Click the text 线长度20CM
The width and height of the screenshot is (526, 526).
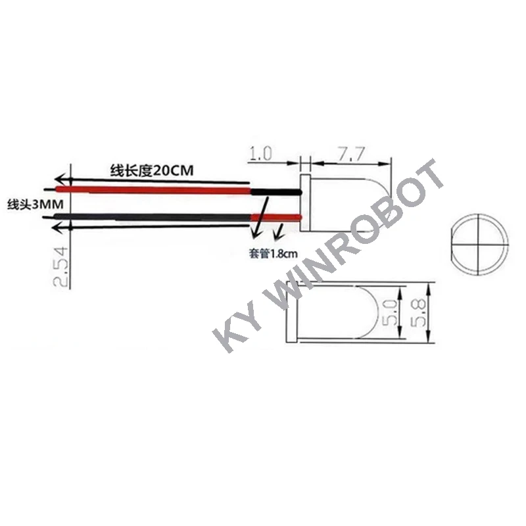click(152, 171)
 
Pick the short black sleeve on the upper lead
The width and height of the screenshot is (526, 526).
click(275, 191)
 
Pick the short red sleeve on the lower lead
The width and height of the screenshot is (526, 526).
click(276, 216)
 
